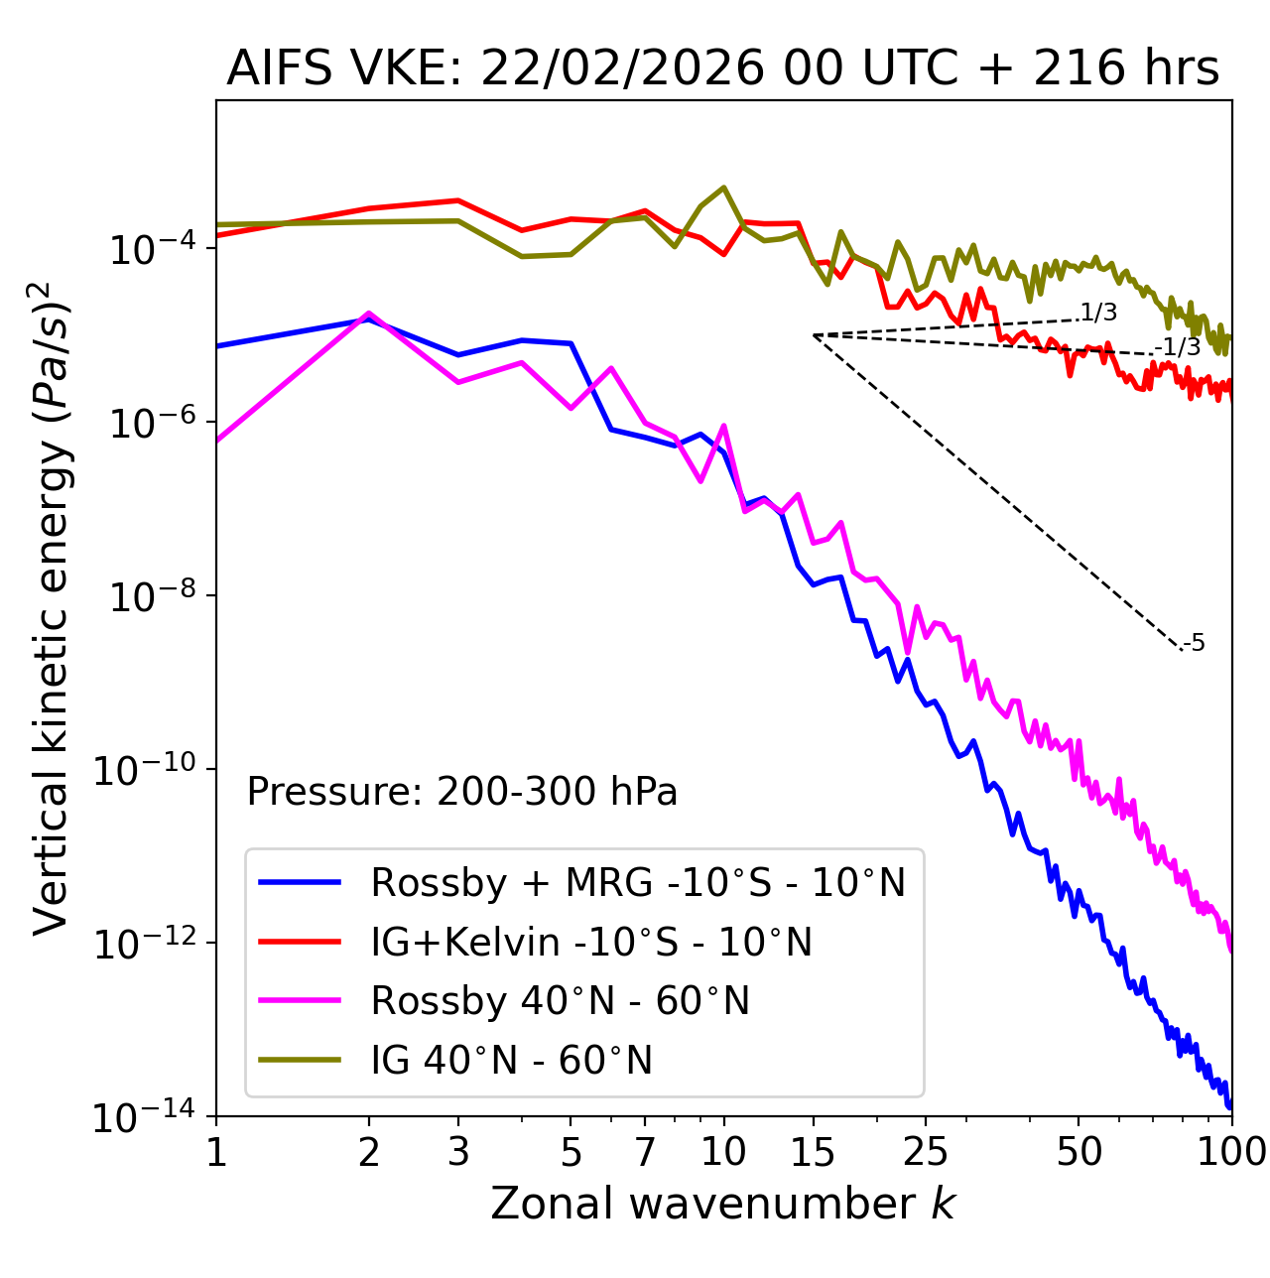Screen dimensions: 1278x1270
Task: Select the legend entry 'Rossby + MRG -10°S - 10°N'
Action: coord(637,882)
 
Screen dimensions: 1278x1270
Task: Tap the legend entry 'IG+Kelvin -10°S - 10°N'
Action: coord(591,942)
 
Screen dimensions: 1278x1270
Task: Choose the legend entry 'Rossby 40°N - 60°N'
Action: coord(560,1001)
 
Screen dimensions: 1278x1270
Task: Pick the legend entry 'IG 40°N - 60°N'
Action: coord(511,1061)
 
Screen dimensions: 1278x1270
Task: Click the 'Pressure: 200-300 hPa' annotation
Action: coord(461,792)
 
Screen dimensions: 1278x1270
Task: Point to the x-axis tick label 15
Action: coord(814,1151)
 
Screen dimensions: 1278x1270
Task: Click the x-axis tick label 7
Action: coord(645,1151)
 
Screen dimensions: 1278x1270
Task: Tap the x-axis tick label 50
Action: coord(1079,1151)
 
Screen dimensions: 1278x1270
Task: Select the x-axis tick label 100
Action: coord(1231,1151)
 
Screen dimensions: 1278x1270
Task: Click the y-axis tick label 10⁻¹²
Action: coord(145,944)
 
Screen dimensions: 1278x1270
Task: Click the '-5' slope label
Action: coord(1194,643)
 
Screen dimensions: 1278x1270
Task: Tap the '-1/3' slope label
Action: coord(1178,347)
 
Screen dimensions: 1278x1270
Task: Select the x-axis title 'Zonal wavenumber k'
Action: coord(722,1204)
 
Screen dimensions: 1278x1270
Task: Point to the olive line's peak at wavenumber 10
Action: coord(724,187)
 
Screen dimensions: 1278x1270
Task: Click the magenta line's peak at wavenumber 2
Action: coord(369,314)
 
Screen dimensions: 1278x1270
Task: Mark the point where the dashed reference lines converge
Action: coord(814,335)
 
